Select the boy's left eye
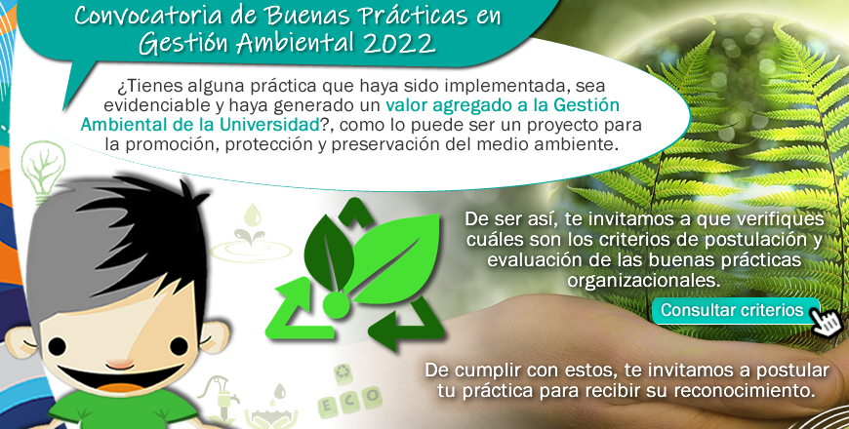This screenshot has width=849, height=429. point(57,346)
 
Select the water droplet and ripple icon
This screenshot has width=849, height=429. point(251,235)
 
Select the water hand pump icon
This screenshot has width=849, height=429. point(222,402)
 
